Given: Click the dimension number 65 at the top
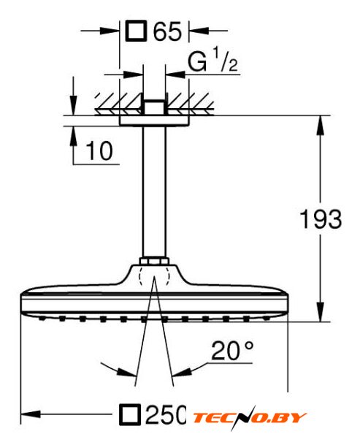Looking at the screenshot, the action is (x=167, y=31).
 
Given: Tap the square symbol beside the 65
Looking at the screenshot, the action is (x=137, y=31).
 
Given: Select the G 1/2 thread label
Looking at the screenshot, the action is (x=212, y=61).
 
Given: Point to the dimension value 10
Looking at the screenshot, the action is (x=99, y=151).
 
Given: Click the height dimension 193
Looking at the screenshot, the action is (x=321, y=218).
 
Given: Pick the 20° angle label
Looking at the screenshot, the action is (x=232, y=351).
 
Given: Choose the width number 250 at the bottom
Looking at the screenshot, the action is (x=166, y=414).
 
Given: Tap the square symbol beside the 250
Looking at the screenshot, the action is (x=130, y=414).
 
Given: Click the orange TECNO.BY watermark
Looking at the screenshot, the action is (x=249, y=417).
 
